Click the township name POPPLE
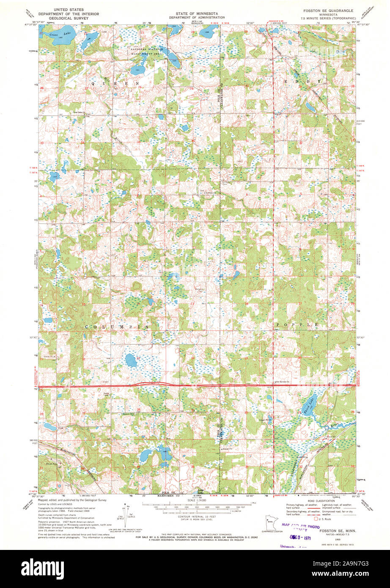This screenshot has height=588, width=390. pos(297,324)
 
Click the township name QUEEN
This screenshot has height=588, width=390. pos(114,84)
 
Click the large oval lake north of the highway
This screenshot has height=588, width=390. pos(131,360)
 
